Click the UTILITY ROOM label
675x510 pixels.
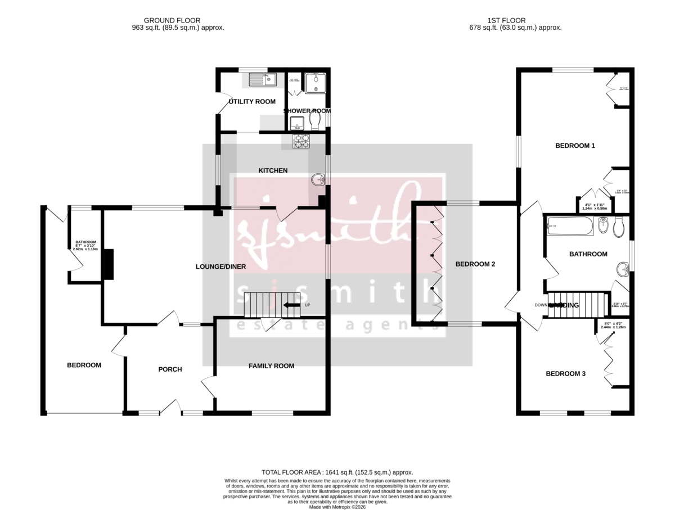click(252, 102)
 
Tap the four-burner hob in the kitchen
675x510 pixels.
click(301, 141)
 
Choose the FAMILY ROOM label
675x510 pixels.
click(272, 366)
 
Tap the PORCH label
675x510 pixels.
click(170, 369)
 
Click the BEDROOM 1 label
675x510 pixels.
click(575, 146)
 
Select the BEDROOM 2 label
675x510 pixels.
click(475, 264)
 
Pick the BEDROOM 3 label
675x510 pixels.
click(566, 373)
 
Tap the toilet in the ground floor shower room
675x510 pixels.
click(314, 121)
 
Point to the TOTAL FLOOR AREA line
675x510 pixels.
click(337, 472)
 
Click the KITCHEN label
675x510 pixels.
click(273, 170)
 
